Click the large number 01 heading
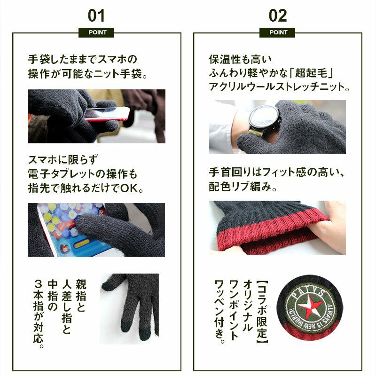pos(96,16)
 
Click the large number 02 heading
pos(278,16)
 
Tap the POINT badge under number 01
pos(96,32)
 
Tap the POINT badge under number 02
pos(277,32)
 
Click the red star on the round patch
pos(310,307)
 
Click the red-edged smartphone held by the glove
pos(107,114)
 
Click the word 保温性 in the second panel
pos(225,60)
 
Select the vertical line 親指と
pos(81,296)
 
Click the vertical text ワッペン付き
pos(219,311)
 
